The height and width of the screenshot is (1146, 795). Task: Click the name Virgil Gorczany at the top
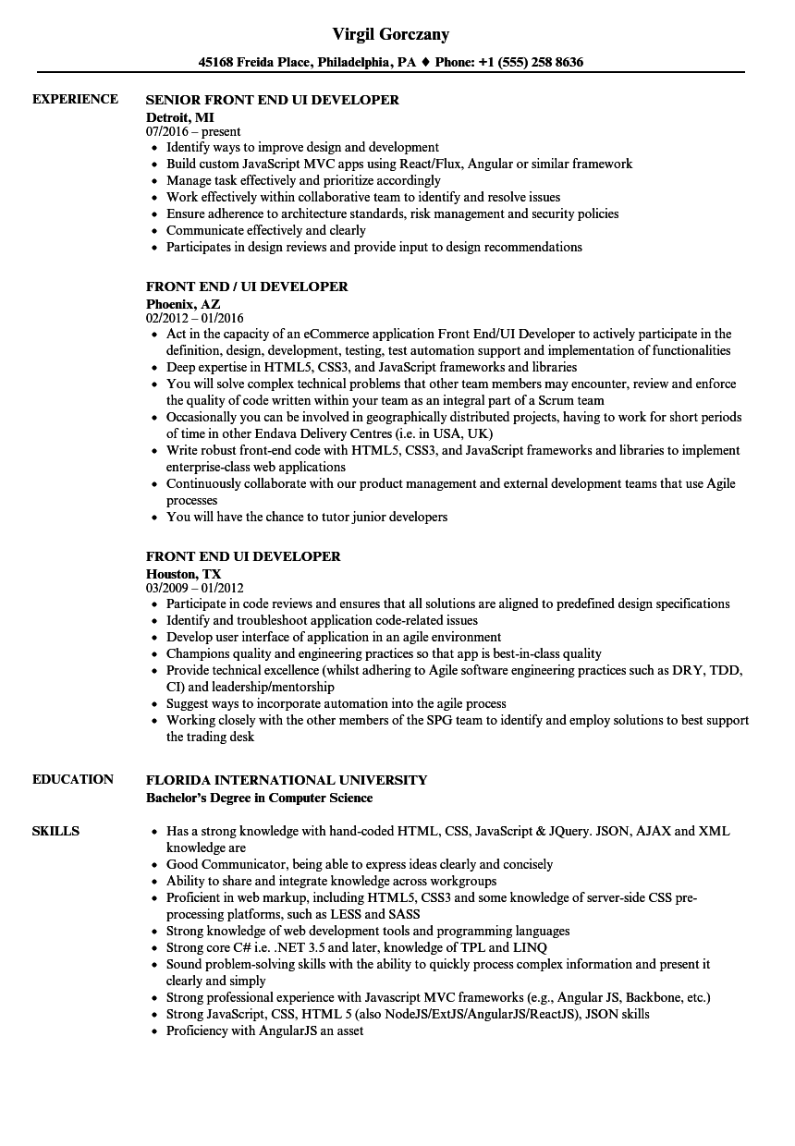(391, 34)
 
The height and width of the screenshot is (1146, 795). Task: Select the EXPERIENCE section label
(75, 99)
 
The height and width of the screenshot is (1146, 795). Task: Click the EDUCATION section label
(73, 779)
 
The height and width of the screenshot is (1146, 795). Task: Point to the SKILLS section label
(55, 831)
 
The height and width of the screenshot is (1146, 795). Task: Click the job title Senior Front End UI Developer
(273, 100)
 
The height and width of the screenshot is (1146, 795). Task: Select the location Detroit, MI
(180, 116)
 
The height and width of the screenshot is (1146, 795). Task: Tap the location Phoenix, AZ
(183, 303)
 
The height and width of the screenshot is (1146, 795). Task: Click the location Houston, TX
(183, 573)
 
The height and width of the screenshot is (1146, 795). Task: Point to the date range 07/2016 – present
(193, 132)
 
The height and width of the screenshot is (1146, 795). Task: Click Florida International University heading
(287, 780)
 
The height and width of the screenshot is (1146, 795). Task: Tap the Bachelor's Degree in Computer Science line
(260, 798)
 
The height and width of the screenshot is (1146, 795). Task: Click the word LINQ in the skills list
(530, 947)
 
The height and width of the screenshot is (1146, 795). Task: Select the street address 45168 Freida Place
(256, 63)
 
